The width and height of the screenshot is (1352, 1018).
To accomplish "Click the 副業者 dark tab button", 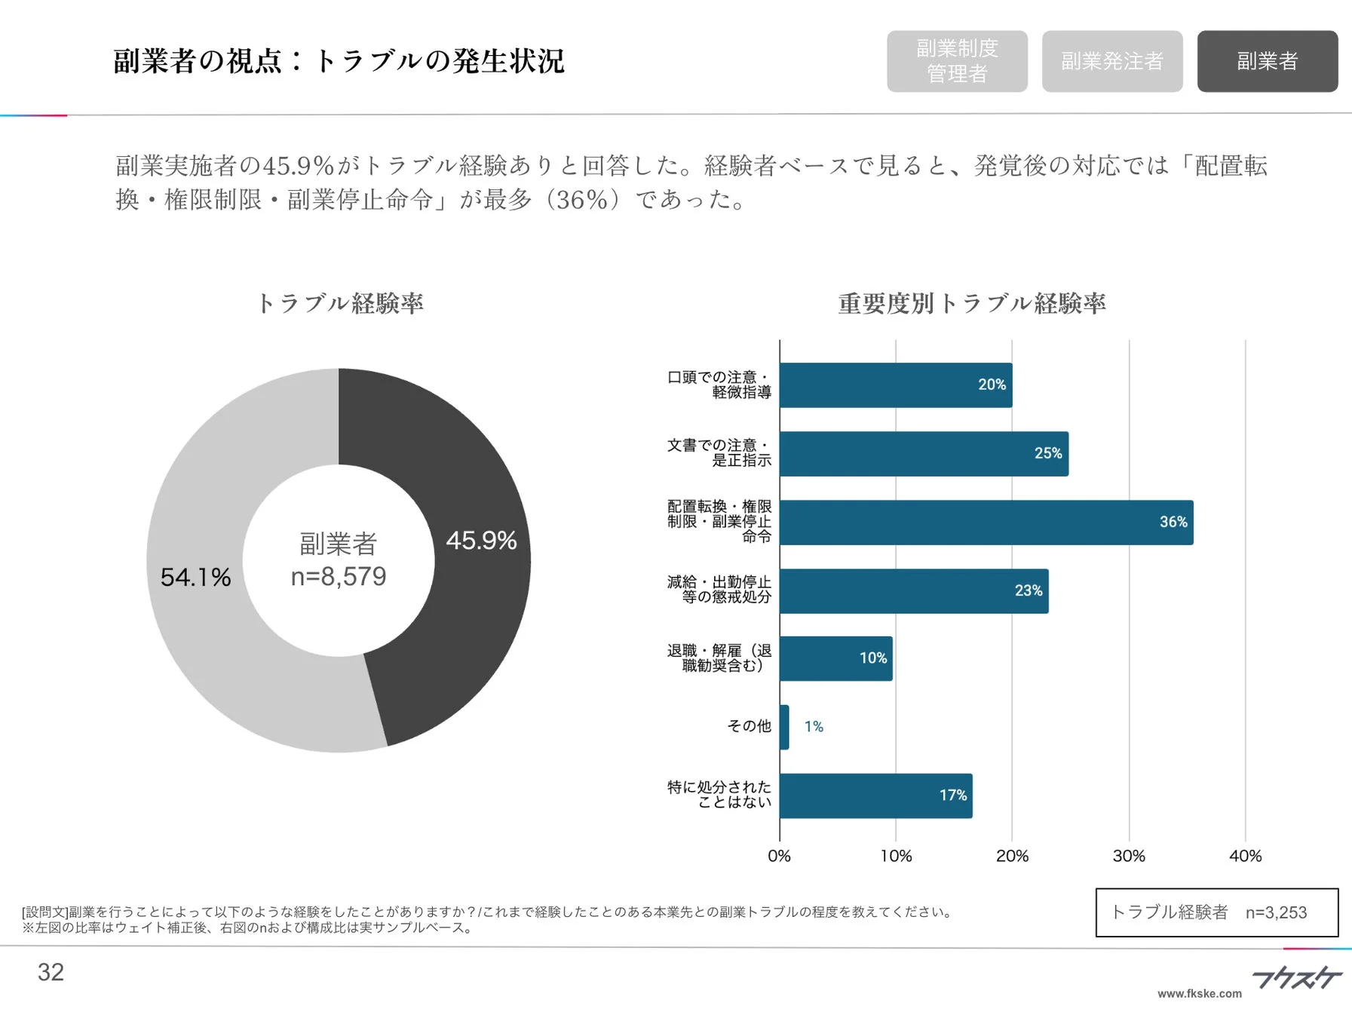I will [1267, 61].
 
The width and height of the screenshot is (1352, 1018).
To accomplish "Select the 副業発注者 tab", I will [1111, 61].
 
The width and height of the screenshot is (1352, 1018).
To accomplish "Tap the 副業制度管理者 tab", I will [956, 61].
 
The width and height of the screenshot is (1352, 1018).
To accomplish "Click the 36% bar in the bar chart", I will [986, 523].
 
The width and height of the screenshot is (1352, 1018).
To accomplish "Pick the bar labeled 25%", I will [923, 454].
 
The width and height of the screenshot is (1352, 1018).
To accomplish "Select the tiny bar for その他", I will [784, 727].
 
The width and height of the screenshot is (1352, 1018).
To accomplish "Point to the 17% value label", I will [952, 795].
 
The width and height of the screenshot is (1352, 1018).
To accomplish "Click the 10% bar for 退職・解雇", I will [835, 658].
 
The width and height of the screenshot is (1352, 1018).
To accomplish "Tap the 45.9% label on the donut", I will [481, 541].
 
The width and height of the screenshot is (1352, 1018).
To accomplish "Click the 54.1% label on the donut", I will [195, 578].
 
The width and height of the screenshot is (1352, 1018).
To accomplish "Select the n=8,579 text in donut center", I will [339, 577].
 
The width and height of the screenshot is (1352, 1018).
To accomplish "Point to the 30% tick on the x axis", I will [1128, 856].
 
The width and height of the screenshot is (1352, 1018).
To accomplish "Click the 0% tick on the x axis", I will [779, 856].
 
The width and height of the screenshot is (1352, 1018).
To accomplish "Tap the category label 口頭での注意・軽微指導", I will [719, 385].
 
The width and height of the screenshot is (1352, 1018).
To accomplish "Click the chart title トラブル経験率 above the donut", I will [340, 303].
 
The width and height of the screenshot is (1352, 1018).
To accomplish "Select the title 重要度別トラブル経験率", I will [971, 303].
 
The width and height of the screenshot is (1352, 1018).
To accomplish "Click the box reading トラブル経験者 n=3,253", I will [1216, 912].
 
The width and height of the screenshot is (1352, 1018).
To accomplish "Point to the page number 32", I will [51, 972].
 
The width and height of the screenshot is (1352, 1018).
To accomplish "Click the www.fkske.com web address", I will [1199, 994].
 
